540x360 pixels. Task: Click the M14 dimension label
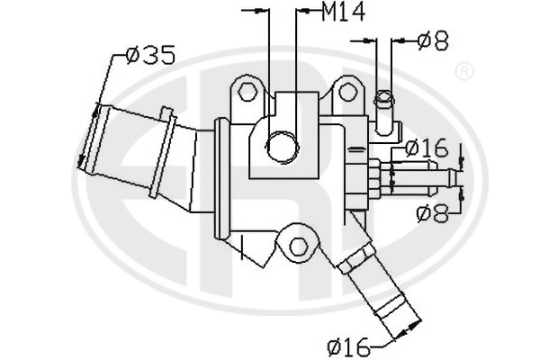coord(343,13)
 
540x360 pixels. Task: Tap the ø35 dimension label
coord(150,56)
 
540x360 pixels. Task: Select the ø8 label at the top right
coord(433,41)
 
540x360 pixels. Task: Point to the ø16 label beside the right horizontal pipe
coord(426,148)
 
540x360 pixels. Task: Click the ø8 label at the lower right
coord(432,212)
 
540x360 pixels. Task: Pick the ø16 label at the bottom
coord(348,347)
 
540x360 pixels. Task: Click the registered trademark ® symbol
coord(464,72)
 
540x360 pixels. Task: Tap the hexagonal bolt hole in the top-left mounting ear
coord(247,91)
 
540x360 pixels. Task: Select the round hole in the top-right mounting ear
coord(347,91)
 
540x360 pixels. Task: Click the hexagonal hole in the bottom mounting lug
coord(298,247)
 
